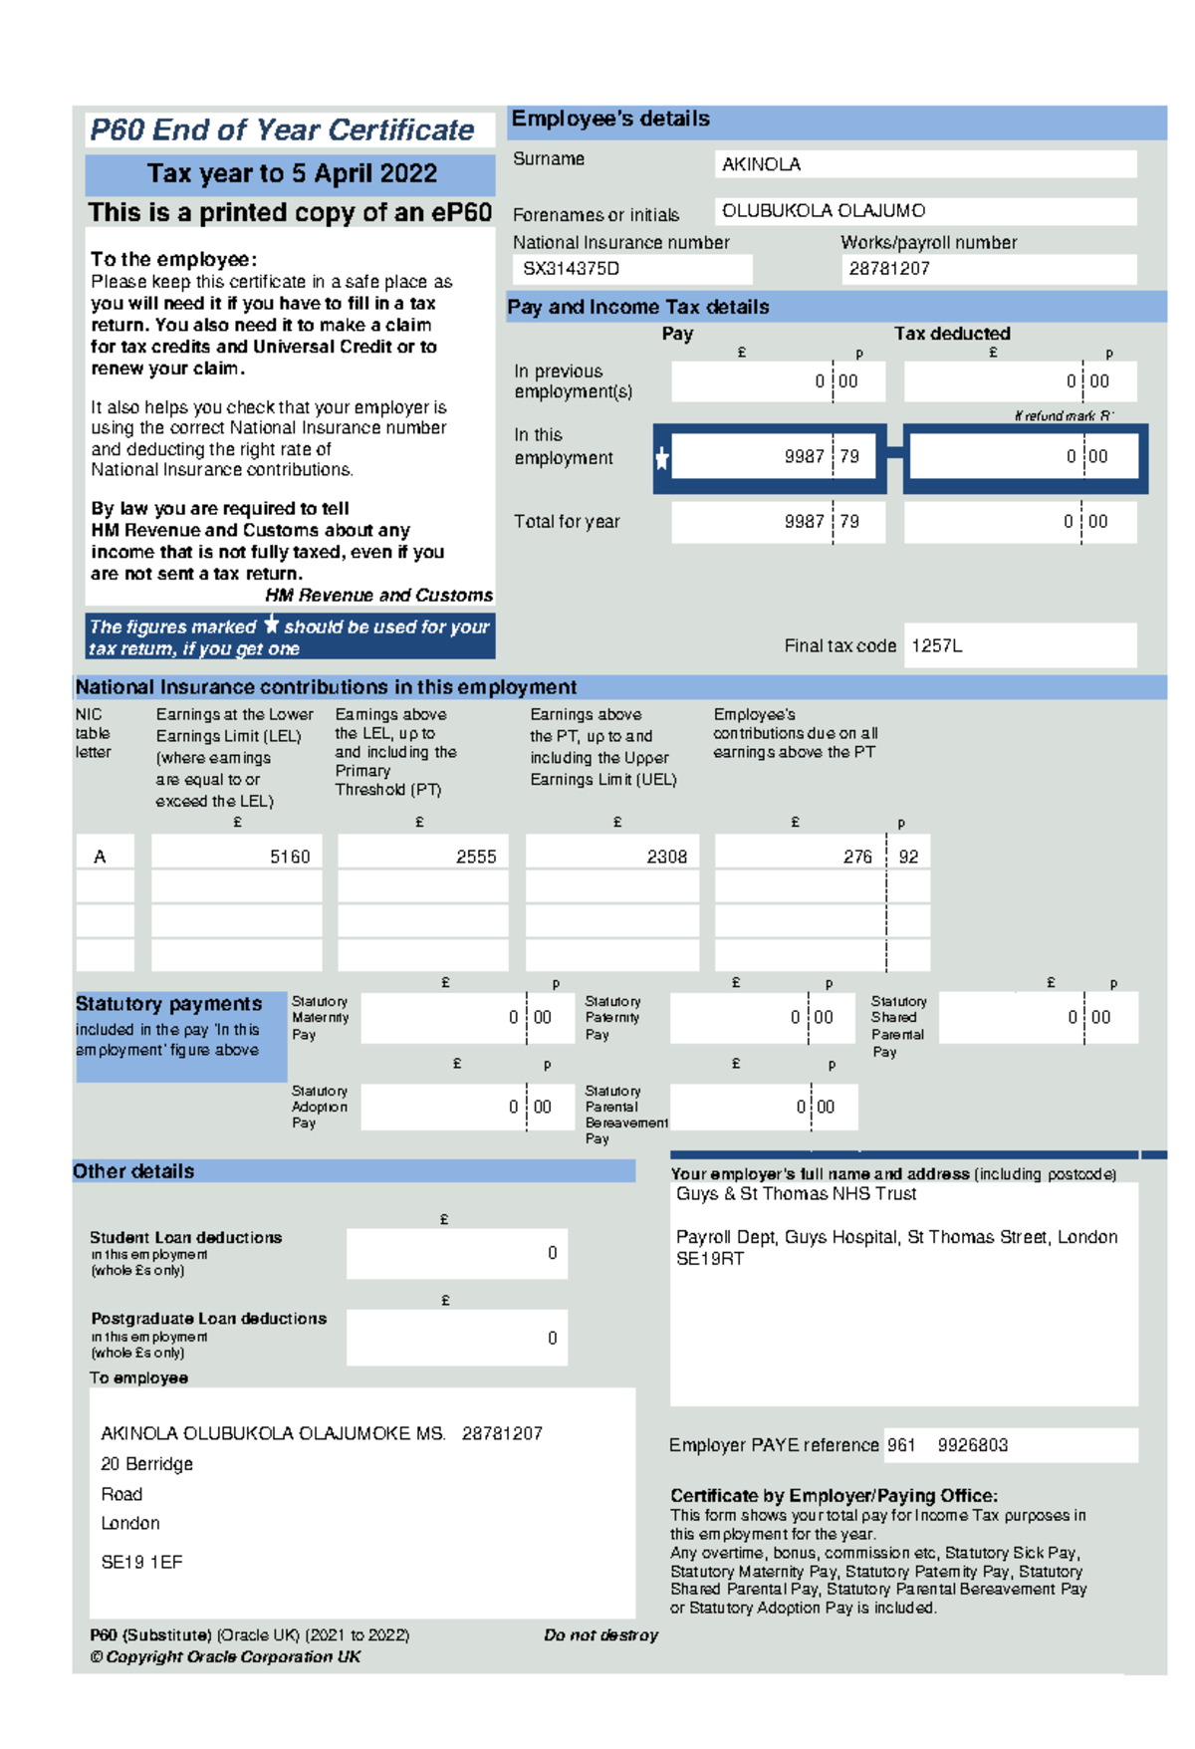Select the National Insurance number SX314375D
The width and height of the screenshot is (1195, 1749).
pos(571,269)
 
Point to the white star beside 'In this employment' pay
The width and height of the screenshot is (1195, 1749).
pos(662,458)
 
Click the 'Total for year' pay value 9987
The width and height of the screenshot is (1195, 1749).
pos(804,522)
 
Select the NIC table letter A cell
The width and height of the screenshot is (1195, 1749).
pos(100,857)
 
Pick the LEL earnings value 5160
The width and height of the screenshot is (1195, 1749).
pos(289,857)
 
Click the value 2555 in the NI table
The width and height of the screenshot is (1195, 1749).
pos(475,857)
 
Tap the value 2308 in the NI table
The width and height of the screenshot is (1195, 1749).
pos(666,857)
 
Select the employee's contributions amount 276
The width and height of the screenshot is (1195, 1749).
pos(856,857)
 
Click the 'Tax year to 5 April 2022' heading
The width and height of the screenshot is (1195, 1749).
pos(291,174)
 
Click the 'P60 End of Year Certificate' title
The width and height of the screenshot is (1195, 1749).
pos(282,130)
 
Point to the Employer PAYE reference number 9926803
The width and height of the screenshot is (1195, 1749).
pos(972,1445)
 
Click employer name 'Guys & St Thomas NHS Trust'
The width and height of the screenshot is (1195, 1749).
pos(796,1194)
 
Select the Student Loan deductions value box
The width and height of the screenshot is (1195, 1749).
pos(457,1253)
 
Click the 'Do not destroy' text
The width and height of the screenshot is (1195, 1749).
pos(600,1634)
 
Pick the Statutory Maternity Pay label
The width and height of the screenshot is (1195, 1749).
pos(320,1018)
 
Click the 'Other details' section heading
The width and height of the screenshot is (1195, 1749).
pos(133,1171)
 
